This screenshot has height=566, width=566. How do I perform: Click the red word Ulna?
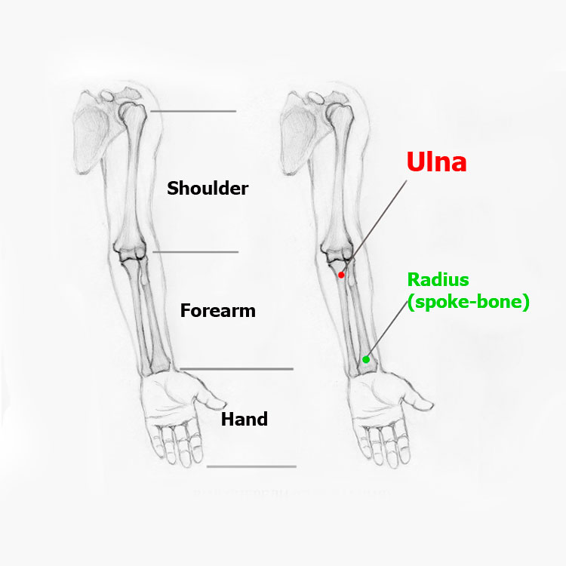(436, 161)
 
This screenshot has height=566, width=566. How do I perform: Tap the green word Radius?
(438, 280)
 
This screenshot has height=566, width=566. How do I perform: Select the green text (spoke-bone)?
(468, 302)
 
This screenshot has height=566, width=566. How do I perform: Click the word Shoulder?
(208, 188)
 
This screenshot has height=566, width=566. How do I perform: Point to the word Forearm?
(217, 310)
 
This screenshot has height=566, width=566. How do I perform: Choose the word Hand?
(245, 419)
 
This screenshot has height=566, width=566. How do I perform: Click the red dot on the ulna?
(341, 275)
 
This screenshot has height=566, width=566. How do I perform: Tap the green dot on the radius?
(366, 359)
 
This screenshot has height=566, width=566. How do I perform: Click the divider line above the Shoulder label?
(193, 111)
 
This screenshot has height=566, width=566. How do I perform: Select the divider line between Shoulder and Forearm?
(195, 251)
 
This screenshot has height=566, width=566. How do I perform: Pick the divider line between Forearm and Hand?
(236, 369)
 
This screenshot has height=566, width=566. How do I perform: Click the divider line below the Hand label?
(251, 466)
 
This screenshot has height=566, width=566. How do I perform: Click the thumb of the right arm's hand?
(417, 401)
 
